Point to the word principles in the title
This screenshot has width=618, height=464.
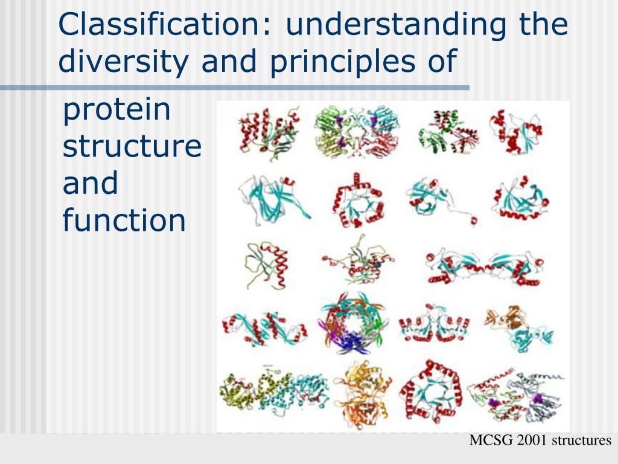pos(342,61)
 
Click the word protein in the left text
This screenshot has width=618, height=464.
pos(116,110)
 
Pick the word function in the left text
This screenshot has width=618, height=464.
pos(124,220)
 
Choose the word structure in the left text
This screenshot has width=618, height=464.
pos(132,146)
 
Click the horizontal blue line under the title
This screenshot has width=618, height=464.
pos(235,88)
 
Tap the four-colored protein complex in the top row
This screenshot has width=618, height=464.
pos(357,131)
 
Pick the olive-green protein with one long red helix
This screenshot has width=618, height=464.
pos(267,265)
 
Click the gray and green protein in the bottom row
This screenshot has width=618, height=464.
pos(517,395)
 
